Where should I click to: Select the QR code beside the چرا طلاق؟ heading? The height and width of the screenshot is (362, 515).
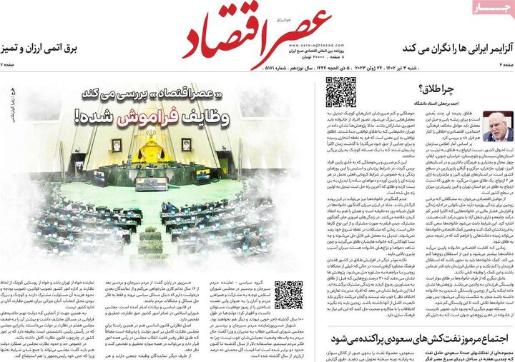pyautogui.click(x=341, y=92)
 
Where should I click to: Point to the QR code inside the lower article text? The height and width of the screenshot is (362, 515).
pyautogui.click(x=288, y=295)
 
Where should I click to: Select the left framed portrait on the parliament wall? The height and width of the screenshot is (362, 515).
pyautogui.click(x=116, y=145)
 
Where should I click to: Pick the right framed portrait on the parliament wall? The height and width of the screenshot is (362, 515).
pyautogui.click(x=185, y=144)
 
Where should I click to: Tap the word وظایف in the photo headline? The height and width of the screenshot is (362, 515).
pyautogui.click(x=211, y=118)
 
